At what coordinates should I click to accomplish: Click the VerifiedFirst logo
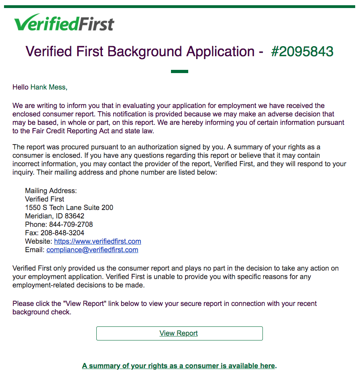tap(64, 23)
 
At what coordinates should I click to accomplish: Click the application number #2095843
tap(302, 52)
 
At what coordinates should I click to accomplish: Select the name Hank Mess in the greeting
tap(48, 87)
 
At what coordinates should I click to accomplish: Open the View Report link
tap(179, 333)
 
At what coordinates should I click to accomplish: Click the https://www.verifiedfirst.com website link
tap(98, 241)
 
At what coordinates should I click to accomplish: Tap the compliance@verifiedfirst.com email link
tap(92, 250)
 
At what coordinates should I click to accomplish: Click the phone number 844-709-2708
tap(71, 224)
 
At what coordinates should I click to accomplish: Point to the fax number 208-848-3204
tap(62, 233)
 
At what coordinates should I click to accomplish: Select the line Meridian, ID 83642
tap(55, 216)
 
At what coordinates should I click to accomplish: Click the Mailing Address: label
tap(51, 191)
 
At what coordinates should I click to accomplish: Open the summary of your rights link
tap(179, 366)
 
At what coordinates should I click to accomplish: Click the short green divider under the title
tap(179, 71)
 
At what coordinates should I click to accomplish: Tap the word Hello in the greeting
tap(20, 87)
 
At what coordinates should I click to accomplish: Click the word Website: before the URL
tap(39, 241)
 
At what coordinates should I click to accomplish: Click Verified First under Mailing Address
tap(45, 199)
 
